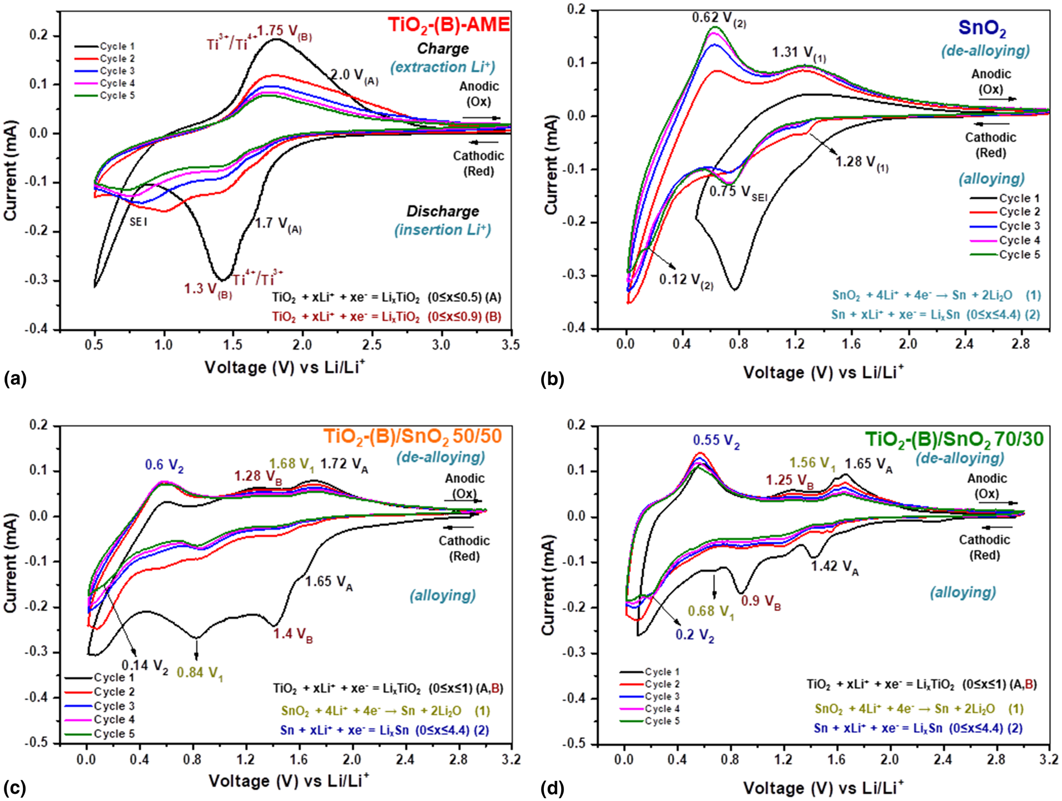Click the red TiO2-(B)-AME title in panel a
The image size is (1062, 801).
point(449,25)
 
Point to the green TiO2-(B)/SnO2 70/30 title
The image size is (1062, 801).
point(955,440)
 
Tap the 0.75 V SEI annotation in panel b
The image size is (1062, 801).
point(738,193)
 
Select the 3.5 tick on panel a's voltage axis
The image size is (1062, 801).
point(511,345)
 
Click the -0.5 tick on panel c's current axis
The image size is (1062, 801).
point(41,743)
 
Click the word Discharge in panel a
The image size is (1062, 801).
point(442,212)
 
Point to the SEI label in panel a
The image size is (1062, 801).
point(139,222)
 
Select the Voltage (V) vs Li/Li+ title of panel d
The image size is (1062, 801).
point(823,788)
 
